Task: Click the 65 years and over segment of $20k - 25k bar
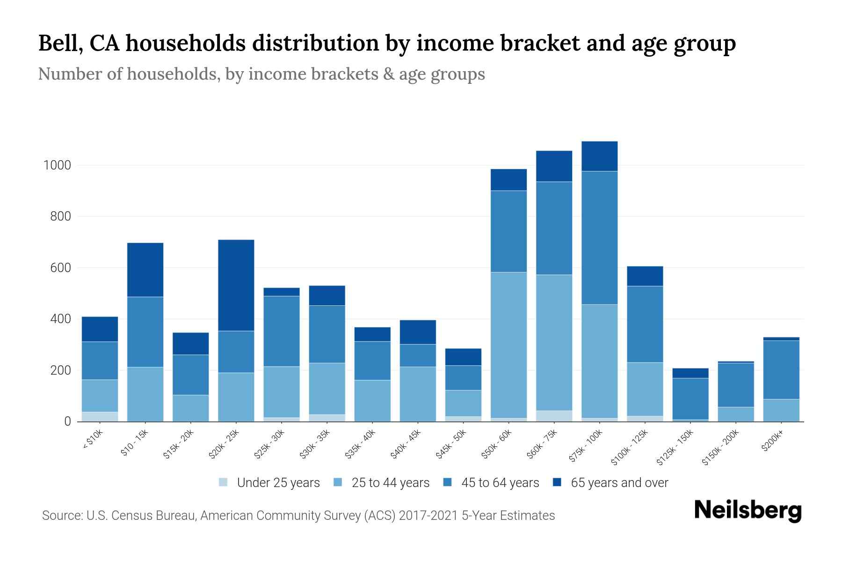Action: pos(236,285)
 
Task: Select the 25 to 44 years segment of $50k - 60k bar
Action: pos(508,345)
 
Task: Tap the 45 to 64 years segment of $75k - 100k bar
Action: pos(599,238)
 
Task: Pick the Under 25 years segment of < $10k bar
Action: pos(100,416)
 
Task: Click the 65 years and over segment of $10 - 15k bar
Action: pos(145,270)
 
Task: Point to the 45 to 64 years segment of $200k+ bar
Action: pos(781,370)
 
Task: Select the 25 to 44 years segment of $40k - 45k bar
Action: pos(418,394)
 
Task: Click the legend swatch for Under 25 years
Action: pos(223,482)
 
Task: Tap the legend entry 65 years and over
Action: pos(619,483)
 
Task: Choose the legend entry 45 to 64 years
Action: pos(500,483)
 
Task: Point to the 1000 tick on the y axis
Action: pos(57,165)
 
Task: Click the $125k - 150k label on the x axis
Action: pos(675,448)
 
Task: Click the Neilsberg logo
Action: pos(748,510)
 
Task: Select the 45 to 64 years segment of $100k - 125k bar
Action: pos(645,324)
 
